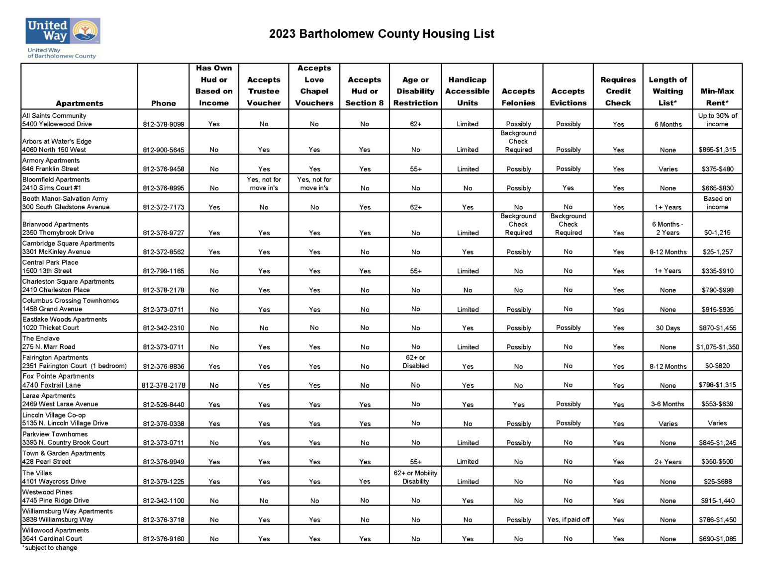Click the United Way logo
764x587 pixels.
pos(63,38)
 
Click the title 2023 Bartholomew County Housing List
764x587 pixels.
pos(382,34)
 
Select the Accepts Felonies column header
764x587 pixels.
pos(518,97)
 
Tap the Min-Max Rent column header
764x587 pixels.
pos(717,97)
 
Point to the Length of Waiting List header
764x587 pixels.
pos(668,91)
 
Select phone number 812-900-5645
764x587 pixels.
pos(163,150)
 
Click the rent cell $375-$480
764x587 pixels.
pos(717,169)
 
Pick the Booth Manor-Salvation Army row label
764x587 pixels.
pos(66,203)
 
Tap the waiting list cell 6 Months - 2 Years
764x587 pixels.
pos(668,228)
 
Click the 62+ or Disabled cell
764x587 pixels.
pos(415,361)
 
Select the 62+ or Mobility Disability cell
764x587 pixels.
pos(415,477)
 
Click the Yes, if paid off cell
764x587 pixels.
pos(568,519)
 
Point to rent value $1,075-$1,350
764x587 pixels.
pos(717,347)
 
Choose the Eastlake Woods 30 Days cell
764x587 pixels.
pos(668,328)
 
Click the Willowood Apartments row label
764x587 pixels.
pos(55,534)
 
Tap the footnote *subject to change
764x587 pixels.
pos(50,548)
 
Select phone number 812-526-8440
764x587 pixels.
pos(163,405)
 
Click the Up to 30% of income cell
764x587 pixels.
pos(717,120)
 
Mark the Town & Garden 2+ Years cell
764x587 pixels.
pos(668,462)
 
